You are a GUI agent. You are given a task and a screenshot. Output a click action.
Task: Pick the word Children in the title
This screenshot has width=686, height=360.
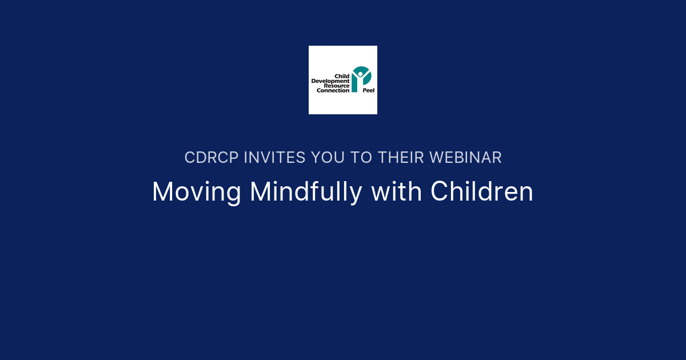pos(482,193)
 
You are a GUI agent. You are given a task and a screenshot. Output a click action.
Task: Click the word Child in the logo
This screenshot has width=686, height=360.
pos(342,77)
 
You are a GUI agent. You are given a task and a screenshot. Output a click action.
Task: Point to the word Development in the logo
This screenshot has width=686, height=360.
pos(330,81)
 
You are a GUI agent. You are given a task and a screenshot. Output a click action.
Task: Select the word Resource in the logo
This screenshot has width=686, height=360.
pos(337,86)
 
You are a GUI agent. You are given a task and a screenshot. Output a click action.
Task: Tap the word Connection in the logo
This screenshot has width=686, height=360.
pos(333,90)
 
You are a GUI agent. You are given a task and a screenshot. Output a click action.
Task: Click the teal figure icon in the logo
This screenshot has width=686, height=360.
pos(361,78)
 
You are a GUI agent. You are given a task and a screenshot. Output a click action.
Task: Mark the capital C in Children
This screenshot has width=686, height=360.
pos(439,193)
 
